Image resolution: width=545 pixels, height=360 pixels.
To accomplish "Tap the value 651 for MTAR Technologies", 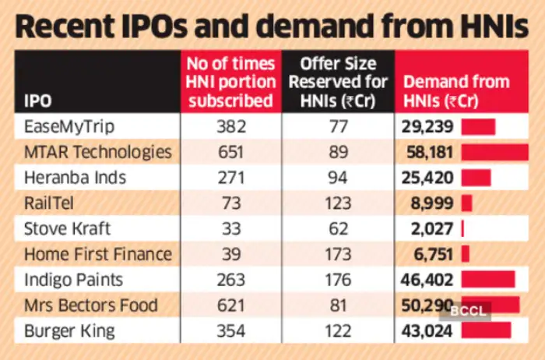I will coord(230,152).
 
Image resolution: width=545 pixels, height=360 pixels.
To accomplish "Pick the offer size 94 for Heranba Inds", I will coord(338,178).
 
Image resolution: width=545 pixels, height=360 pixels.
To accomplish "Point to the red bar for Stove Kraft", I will coord(462,228).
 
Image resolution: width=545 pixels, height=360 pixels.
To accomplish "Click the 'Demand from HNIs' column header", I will coord(455,90).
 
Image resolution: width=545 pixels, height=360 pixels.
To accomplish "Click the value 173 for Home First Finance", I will coord(338,254).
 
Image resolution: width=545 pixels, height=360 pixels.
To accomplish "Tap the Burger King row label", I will coord(70,330).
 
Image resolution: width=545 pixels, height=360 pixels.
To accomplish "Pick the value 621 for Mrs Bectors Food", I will coord(230,305).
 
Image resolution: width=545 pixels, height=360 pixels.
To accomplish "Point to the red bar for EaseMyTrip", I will coord(478,126).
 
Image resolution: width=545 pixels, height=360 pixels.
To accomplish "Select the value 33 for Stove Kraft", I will coord(230,228).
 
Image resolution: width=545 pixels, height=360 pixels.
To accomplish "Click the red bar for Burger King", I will coord(486,330).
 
